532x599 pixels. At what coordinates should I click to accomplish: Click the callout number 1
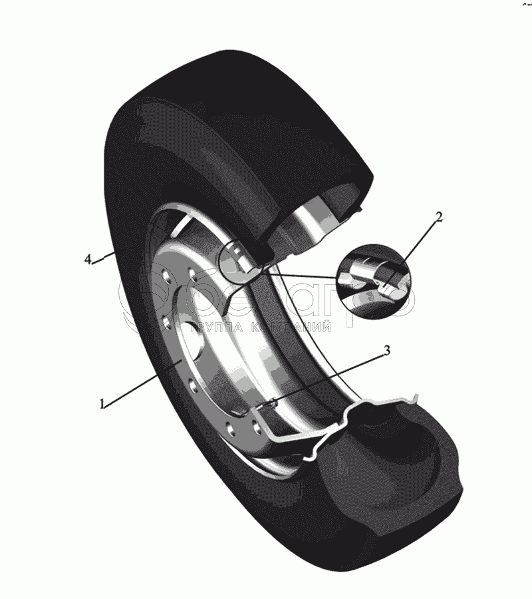[x=102, y=403]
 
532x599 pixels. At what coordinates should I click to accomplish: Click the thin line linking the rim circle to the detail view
[x=299, y=273]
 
